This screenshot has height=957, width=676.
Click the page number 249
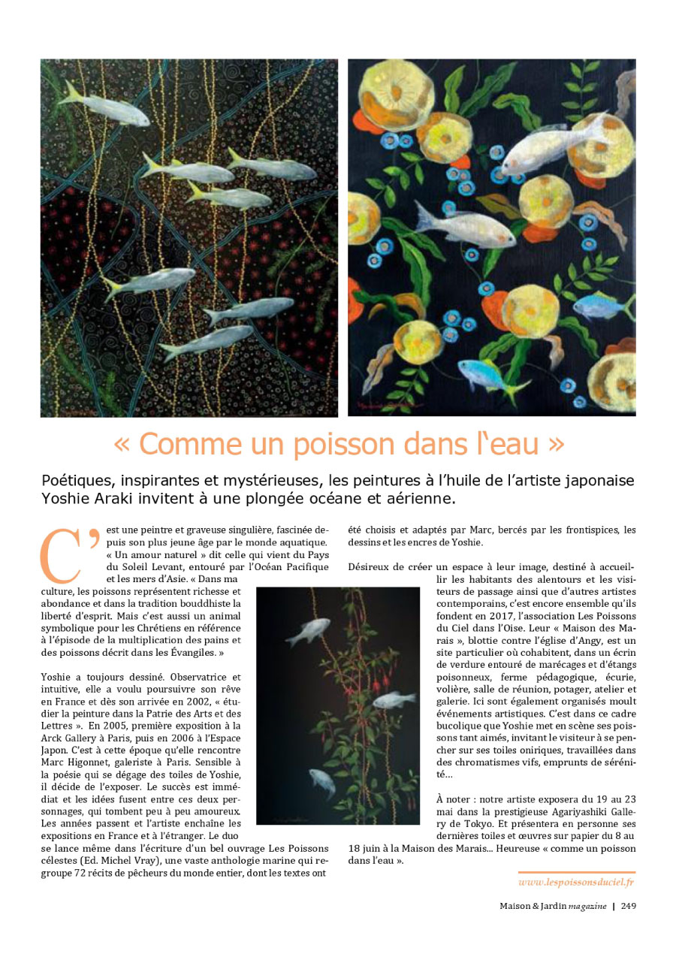pos(628,905)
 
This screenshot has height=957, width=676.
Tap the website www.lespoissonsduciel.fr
pos(577,880)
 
